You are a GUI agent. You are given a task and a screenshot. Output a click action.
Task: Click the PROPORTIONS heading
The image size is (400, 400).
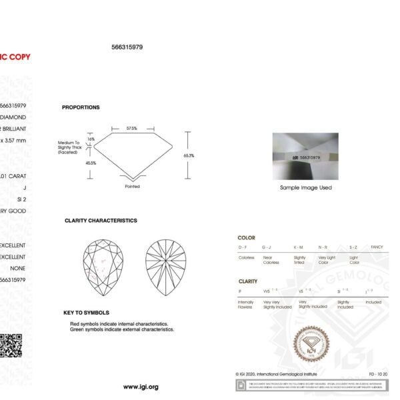point(81,107)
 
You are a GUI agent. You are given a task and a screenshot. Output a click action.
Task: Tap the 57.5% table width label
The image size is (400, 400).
point(132,128)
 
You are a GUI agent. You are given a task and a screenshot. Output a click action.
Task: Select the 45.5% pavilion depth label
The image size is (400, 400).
point(91,162)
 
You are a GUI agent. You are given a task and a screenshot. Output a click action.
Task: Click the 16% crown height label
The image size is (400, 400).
point(91,139)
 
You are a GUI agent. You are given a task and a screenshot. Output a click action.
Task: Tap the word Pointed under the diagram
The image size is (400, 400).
point(132,187)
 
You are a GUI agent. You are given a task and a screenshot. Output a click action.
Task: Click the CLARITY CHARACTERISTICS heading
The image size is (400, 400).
point(101,220)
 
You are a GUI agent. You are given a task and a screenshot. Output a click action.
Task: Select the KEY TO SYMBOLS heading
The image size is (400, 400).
point(86,312)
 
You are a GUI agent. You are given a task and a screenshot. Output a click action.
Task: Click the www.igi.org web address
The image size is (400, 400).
point(141,387)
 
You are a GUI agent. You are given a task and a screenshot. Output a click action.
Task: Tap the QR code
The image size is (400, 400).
point(11,345)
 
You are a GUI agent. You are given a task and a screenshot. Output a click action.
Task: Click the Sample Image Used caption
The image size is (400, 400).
point(306,188)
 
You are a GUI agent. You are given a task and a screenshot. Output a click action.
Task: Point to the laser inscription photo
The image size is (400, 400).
point(305,157)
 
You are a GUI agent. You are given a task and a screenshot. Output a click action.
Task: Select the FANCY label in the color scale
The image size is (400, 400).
point(377,247)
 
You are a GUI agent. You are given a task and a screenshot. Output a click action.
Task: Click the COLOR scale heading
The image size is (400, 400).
point(246,237)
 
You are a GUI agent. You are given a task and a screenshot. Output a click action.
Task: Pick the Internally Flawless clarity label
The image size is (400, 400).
point(245,305)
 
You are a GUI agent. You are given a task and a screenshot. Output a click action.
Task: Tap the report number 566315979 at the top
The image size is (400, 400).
point(127,47)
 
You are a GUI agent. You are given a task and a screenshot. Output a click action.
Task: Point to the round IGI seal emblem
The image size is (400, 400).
point(313,344)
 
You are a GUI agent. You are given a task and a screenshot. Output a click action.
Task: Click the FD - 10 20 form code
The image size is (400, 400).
point(377,374)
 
